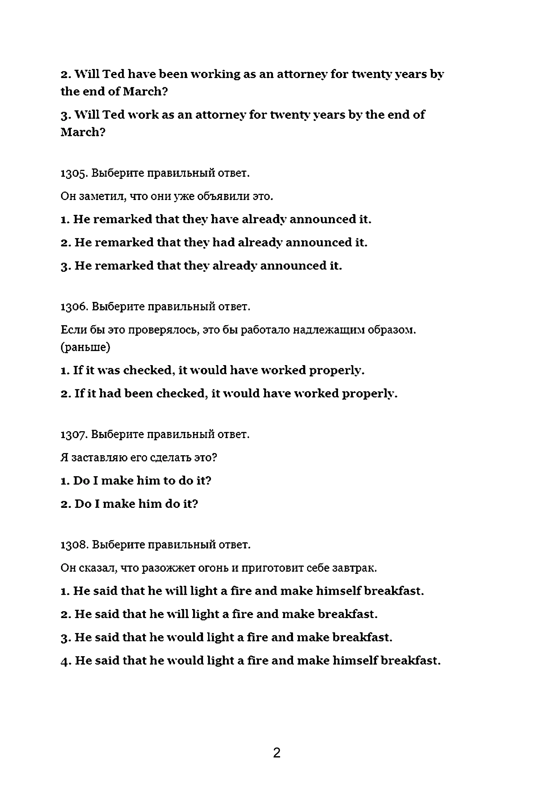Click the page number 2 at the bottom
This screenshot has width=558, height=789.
click(277, 753)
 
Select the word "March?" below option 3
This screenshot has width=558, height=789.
click(83, 132)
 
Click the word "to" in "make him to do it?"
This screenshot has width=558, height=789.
click(169, 481)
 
